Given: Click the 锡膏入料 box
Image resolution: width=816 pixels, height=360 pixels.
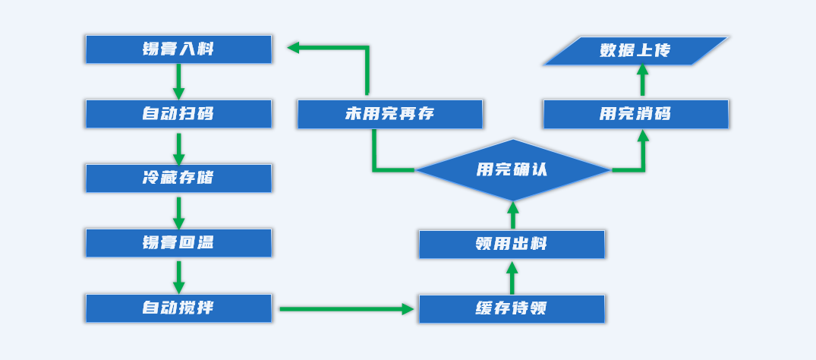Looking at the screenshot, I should [178, 49].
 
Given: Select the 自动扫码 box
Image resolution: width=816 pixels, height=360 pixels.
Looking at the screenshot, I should [178, 114].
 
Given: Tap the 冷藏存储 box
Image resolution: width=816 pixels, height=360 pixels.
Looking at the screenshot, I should [178, 178].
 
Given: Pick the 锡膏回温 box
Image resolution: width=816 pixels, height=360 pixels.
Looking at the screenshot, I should [178, 243].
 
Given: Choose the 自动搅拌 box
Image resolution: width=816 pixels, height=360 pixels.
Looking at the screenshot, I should [178, 308].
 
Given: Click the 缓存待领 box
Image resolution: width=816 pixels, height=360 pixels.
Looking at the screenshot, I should [512, 309].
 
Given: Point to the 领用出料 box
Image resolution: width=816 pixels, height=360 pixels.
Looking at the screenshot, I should [512, 245].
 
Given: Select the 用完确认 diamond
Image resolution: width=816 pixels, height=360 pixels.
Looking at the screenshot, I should [512, 169].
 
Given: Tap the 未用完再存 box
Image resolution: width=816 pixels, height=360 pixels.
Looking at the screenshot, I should [389, 114].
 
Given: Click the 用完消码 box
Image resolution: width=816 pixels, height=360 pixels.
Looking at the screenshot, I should [635, 114].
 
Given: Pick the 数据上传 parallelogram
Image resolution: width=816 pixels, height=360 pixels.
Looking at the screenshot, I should [635, 51].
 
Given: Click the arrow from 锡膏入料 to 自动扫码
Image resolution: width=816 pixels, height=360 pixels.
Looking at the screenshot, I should [178, 81].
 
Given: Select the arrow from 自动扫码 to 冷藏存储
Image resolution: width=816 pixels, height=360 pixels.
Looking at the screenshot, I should [178, 149].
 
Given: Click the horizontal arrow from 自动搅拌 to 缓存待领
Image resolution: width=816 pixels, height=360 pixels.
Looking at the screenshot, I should [345, 309].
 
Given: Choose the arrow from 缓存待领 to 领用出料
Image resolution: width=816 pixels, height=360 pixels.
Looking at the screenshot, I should [512, 278].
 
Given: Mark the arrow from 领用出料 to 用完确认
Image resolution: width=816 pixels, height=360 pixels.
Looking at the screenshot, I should [512, 215].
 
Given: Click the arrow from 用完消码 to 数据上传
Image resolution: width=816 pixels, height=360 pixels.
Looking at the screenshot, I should [642, 80].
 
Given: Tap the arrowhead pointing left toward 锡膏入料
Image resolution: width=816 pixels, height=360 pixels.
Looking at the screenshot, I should [294, 48].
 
